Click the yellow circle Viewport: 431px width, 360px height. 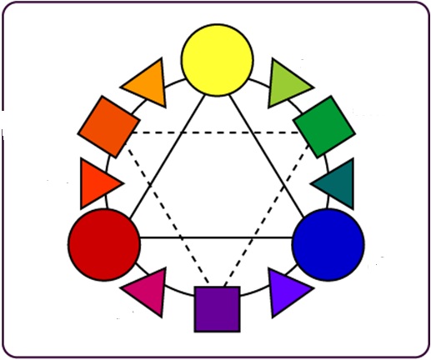click(217, 59)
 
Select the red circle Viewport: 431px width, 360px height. click(103, 242)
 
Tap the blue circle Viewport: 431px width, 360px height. click(328, 242)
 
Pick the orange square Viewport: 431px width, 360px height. click(108, 126)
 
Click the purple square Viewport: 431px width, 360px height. click(217, 308)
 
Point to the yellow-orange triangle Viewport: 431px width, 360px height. click(148, 83)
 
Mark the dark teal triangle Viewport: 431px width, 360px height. click(336, 183)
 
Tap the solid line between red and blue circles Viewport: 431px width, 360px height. click(217, 239)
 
